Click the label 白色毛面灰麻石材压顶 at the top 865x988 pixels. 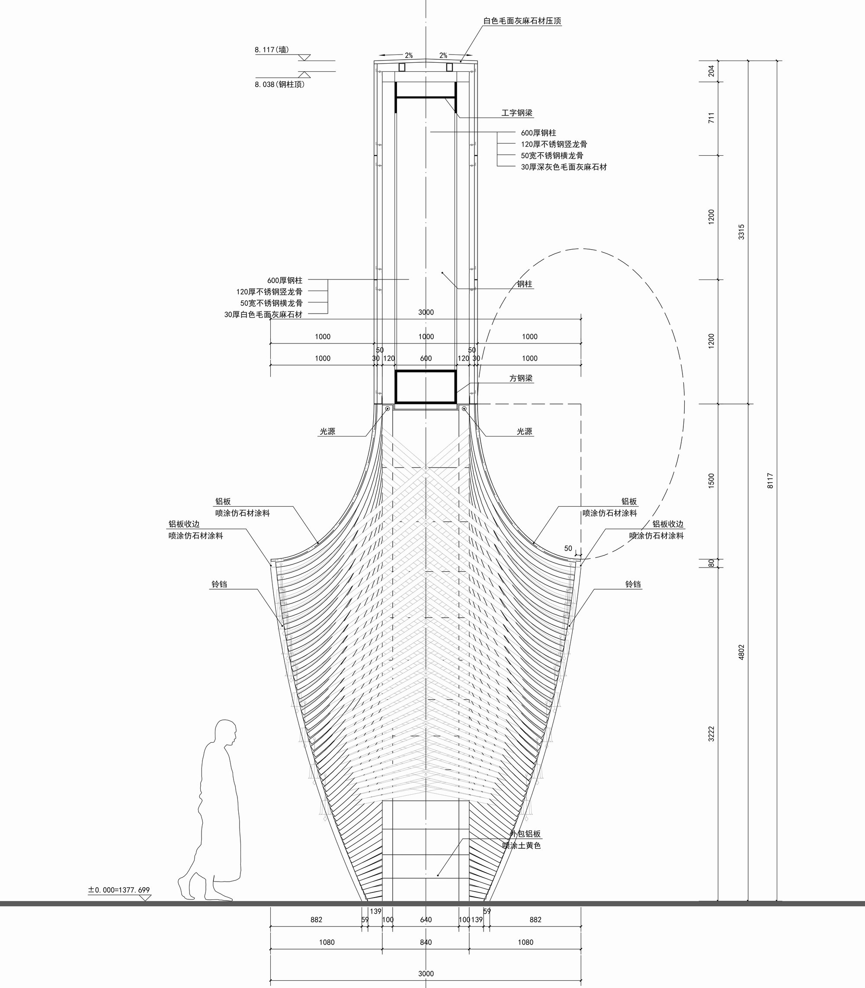[522, 21]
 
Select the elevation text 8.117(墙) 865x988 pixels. [272, 50]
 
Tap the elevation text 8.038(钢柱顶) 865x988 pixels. [279, 84]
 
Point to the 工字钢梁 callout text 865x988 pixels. [517, 113]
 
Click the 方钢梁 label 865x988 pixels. [521, 379]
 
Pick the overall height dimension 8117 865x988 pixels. [770, 481]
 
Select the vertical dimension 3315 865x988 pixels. [742, 232]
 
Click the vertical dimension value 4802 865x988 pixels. [742, 652]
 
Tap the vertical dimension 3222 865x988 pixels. [711, 734]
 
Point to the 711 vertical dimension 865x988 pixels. [711, 118]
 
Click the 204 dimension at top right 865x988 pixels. [711, 71]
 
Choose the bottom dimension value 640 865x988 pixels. [426, 920]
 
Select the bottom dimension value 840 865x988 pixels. [426, 942]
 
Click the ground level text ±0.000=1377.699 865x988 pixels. [119, 890]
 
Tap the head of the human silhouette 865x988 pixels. [226, 733]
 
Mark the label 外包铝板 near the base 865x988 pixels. [525, 834]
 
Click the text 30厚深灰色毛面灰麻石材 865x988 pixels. [564, 167]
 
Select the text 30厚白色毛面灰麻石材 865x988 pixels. [263, 314]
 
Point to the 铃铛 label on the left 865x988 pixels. [219, 584]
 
